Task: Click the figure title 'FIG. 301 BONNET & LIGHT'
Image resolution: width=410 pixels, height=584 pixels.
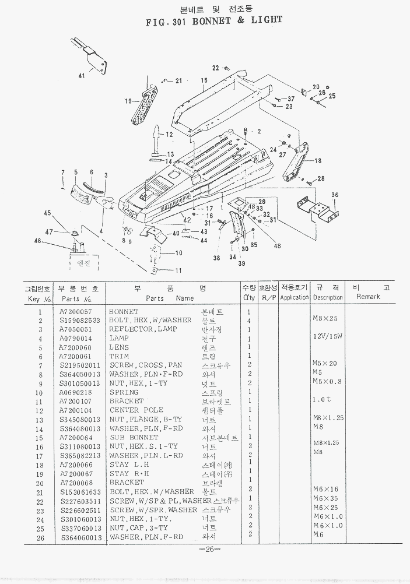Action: pos(214,20)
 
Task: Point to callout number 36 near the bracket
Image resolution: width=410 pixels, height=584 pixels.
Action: pos(335,195)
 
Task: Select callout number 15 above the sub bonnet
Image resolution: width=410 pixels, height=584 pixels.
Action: pos(204,80)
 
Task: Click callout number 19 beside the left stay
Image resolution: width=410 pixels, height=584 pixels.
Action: pos(128,101)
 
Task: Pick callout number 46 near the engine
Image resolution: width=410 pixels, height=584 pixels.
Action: pos(37,241)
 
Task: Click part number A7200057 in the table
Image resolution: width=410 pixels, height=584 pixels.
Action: pos(76,312)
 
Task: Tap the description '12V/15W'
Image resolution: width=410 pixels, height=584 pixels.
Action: pos(327,336)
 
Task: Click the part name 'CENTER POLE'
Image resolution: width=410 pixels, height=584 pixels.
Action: pos(132,410)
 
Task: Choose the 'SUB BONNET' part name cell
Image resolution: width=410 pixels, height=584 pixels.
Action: pos(134,437)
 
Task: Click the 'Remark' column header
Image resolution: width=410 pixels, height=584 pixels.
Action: pos(368,297)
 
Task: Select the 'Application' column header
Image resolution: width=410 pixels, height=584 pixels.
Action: pos(294,297)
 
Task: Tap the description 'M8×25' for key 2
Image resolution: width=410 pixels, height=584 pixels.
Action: pos(325,319)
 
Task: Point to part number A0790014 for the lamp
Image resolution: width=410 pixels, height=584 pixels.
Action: pos(76,338)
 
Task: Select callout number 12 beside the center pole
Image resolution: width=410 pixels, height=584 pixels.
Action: pos(169,135)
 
